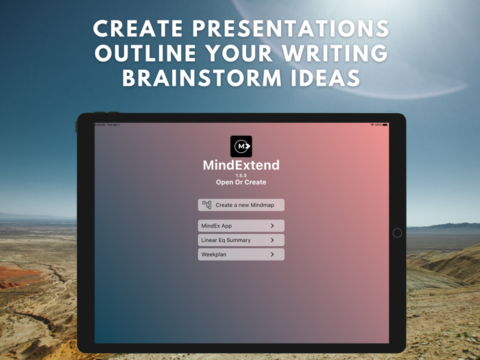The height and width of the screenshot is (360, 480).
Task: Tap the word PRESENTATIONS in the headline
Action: (x=294, y=29)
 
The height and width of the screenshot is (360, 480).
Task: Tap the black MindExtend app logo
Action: (x=241, y=146)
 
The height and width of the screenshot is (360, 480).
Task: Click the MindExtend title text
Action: (x=241, y=165)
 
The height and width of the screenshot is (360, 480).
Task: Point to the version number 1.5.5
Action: (x=241, y=176)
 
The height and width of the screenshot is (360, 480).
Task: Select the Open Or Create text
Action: (x=241, y=182)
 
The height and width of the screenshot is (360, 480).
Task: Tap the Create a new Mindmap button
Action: (x=241, y=205)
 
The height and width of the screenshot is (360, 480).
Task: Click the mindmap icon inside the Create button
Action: (x=207, y=204)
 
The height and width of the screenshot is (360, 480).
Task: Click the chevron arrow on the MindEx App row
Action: (x=272, y=226)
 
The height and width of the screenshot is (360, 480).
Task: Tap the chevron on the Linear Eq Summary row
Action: (x=272, y=240)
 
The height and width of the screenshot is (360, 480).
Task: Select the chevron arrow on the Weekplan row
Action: (x=272, y=254)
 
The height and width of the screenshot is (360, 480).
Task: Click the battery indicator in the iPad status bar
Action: (x=385, y=125)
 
